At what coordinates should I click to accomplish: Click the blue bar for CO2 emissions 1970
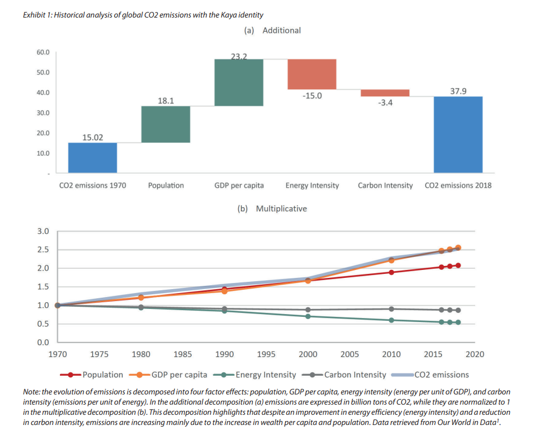tap(93, 157)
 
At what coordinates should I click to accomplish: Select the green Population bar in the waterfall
tap(165, 124)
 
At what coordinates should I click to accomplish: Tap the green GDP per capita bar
tap(239, 82)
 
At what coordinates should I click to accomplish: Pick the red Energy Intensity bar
tap(312, 74)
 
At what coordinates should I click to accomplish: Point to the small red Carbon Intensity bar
tap(385, 93)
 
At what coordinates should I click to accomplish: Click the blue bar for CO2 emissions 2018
tap(458, 134)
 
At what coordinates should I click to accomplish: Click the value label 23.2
tap(239, 55)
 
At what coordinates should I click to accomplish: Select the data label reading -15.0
tap(312, 96)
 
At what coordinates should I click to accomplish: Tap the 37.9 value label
tap(458, 91)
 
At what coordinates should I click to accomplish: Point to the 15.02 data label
tap(93, 137)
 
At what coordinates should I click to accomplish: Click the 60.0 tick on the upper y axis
tap(44, 52)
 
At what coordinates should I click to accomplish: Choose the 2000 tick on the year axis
tap(308, 354)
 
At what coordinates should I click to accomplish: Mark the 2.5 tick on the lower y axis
tap(43, 250)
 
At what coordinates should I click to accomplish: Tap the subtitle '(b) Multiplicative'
tap(272, 209)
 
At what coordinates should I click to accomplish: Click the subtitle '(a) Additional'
tap(272, 31)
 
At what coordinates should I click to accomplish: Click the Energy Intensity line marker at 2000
tap(308, 316)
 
